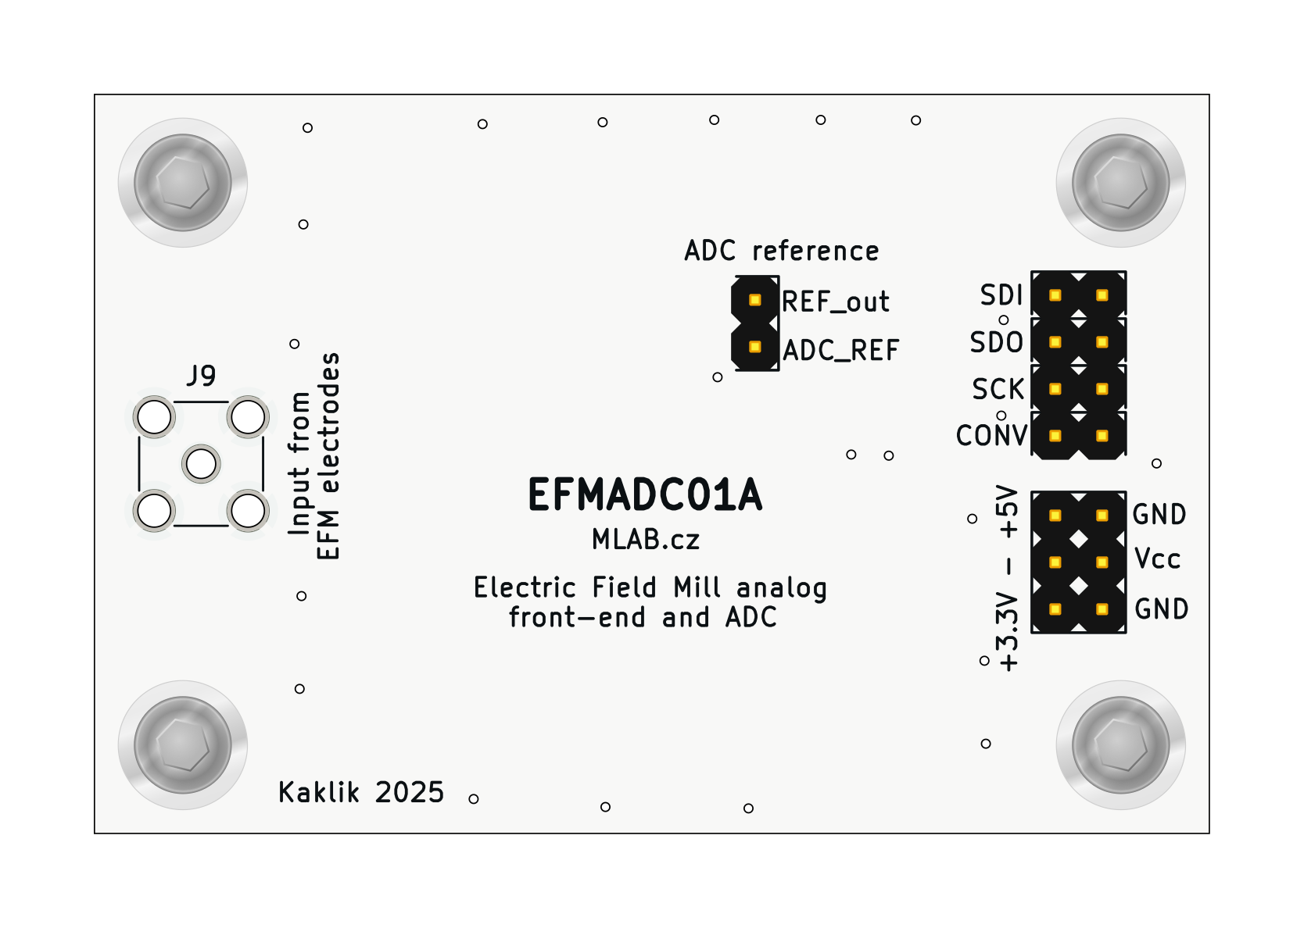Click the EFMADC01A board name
tap(645, 495)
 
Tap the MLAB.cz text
tap(645, 539)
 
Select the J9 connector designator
tap(201, 377)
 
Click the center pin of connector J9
tap(201, 464)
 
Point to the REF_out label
tap(836, 302)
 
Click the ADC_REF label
tap(841, 351)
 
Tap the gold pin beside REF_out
tap(754, 299)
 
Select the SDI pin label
tap(1001, 295)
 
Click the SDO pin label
tap(997, 342)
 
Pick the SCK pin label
tap(998, 389)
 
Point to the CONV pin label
tap(991, 436)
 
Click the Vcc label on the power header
tap(1157, 559)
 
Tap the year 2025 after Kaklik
tap(410, 793)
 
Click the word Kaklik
tap(319, 793)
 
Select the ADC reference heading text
tap(782, 251)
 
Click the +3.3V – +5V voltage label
tap(1008, 578)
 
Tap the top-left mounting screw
tap(183, 183)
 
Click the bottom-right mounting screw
tap(1120, 744)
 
